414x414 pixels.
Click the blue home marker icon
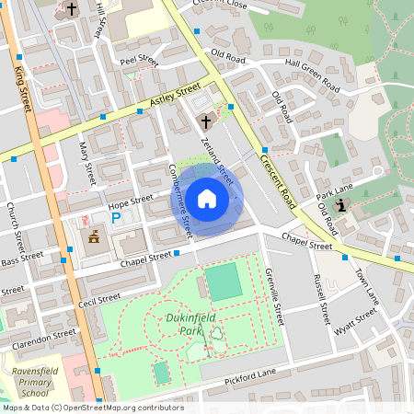[x=207, y=199]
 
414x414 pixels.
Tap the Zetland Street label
[x=216, y=155]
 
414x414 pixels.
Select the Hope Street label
[x=130, y=201]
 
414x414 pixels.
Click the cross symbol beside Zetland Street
[x=205, y=121]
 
